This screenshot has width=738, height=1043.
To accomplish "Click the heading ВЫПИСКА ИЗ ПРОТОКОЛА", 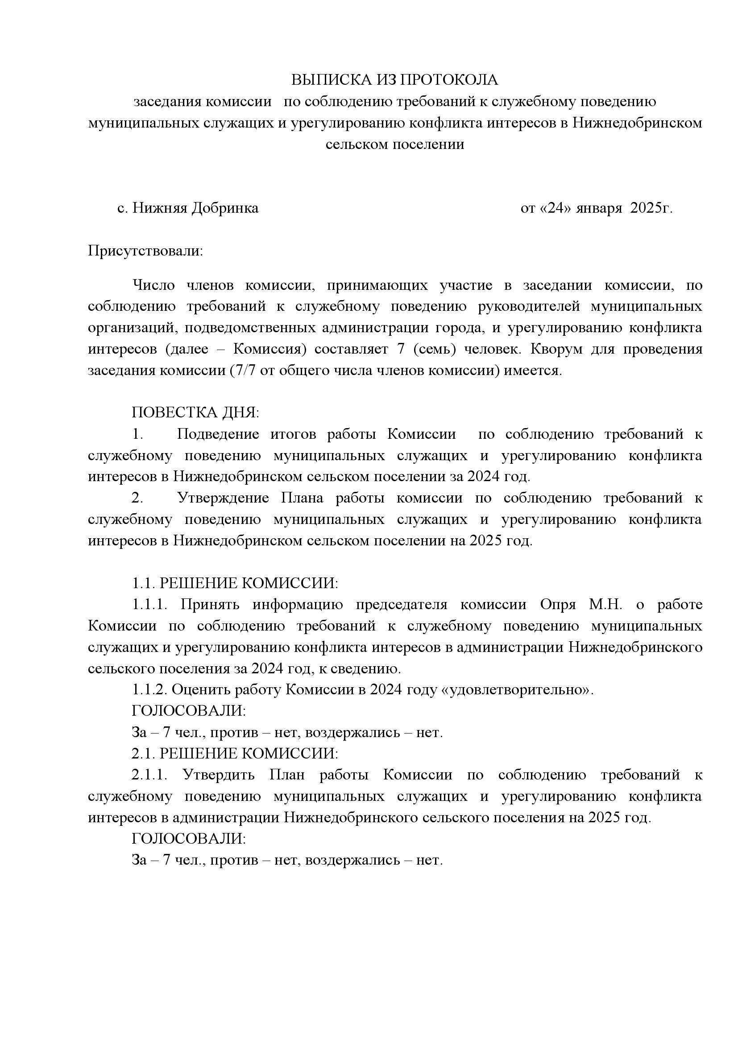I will coord(394,80).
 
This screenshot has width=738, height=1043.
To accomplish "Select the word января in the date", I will coord(598,208).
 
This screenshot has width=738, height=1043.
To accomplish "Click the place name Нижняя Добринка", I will coord(195,208).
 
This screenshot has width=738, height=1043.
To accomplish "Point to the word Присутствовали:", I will coord(145,251).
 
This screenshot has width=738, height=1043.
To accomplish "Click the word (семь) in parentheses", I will coord(432,349).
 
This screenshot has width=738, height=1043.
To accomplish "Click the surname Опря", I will coord(558,604).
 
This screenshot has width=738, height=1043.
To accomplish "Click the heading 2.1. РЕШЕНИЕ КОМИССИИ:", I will coord(235,753).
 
